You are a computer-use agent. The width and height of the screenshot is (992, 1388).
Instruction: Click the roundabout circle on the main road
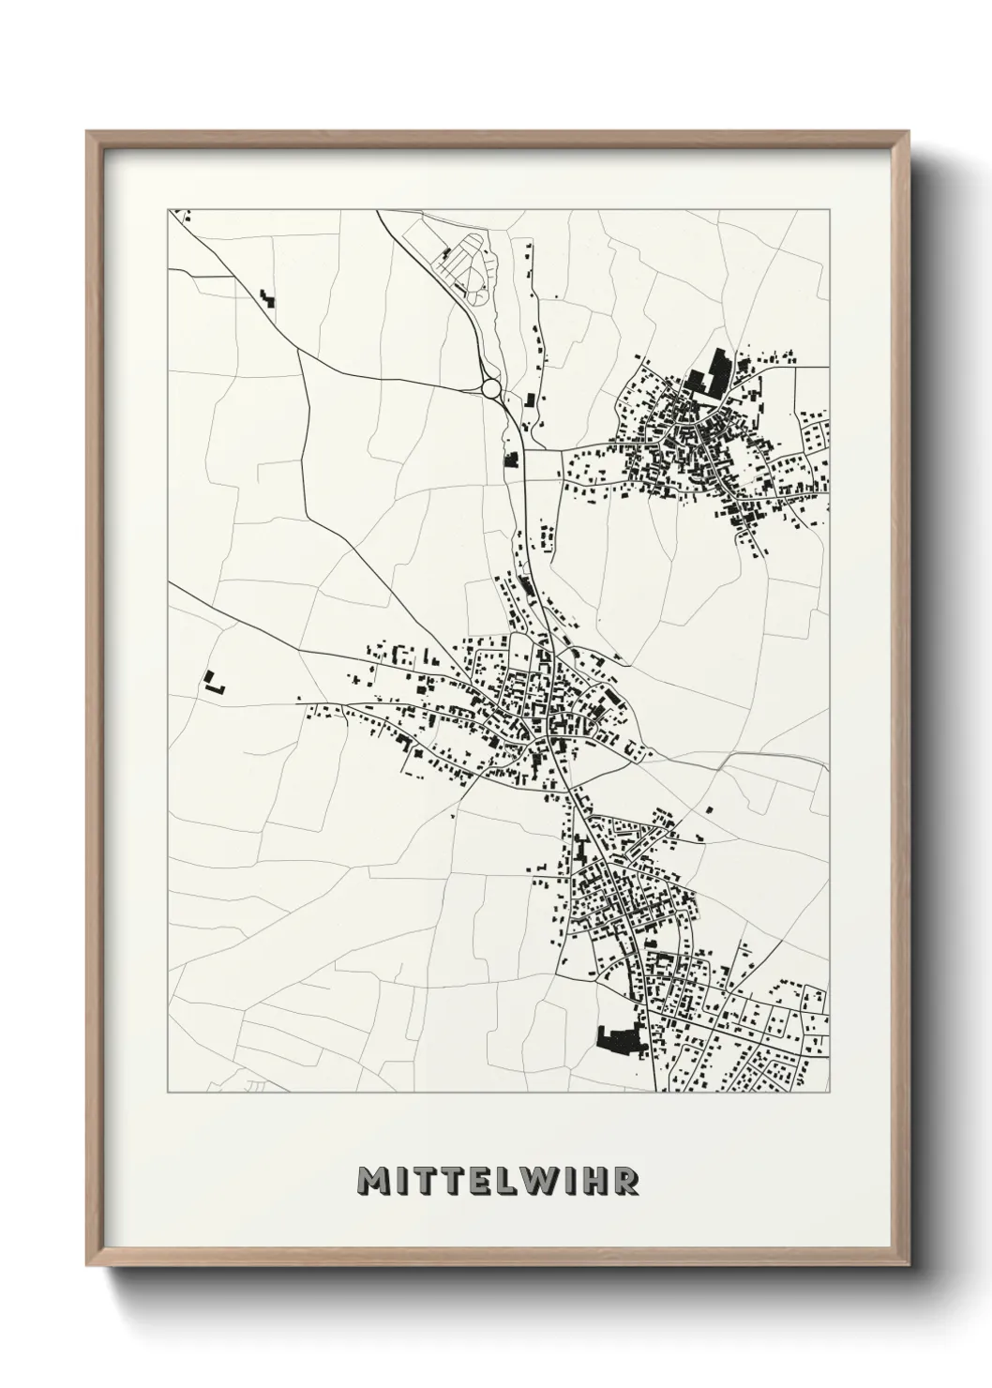(490, 387)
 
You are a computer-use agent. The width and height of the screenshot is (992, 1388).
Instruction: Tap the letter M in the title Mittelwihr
(372, 1182)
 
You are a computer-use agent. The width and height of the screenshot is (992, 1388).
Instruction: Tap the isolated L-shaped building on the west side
(215, 682)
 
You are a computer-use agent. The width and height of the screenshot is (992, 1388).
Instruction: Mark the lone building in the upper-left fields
(269, 300)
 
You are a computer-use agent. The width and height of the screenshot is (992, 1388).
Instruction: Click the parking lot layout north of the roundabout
(465, 264)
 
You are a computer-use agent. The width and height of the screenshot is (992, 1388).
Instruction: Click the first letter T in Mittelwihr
(428, 1182)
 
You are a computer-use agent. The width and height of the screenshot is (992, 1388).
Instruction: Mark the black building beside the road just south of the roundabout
(512, 460)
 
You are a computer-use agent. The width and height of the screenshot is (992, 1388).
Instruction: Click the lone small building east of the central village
(709, 807)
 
